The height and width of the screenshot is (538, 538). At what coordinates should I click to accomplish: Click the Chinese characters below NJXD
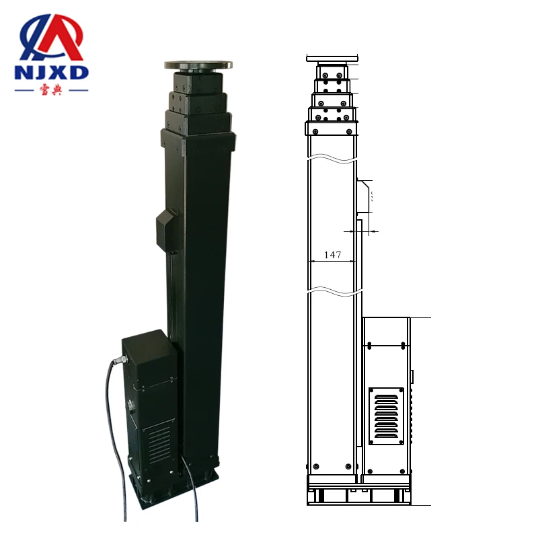(51, 90)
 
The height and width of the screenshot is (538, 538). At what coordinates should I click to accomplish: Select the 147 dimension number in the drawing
(332, 255)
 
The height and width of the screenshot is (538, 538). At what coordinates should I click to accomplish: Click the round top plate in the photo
(199, 65)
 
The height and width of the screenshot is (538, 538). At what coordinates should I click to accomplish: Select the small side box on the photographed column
(165, 230)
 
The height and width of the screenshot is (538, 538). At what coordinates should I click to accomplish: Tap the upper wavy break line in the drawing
(331, 160)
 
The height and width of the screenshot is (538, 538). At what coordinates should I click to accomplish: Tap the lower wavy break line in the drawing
(331, 293)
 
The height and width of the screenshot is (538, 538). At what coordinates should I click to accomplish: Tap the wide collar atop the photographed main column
(198, 138)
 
